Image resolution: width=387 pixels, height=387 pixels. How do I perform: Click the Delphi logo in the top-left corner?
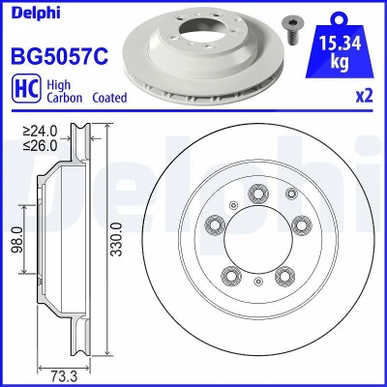click(x=36, y=14)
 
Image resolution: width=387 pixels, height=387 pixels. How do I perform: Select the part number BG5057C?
click(x=60, y=56)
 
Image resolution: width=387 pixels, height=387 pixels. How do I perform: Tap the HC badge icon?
click(x=26, y=88)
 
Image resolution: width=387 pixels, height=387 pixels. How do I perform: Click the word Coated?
click(x=109, y=98)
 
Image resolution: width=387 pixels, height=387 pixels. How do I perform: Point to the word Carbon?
click(x=65, y=98)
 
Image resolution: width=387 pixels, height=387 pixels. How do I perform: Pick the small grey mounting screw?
click(x=289, y=31)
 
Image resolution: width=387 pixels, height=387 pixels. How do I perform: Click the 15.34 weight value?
click(x=340, y=43)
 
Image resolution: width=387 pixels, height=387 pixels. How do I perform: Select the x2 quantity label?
click(x=364, y=96)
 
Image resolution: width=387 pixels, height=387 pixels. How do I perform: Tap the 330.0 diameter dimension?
click(x=116, y=239)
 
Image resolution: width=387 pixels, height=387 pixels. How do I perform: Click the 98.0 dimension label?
click(x=18, y=240)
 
